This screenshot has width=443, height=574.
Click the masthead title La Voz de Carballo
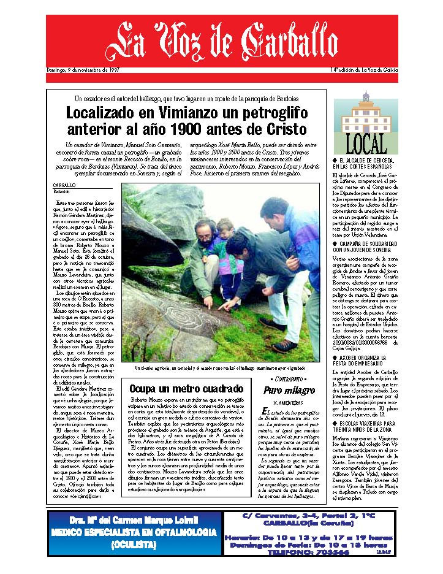[221, 41]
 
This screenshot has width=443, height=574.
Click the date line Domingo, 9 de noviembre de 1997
[83, 70]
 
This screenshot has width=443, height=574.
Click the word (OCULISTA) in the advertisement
[133, 545]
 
